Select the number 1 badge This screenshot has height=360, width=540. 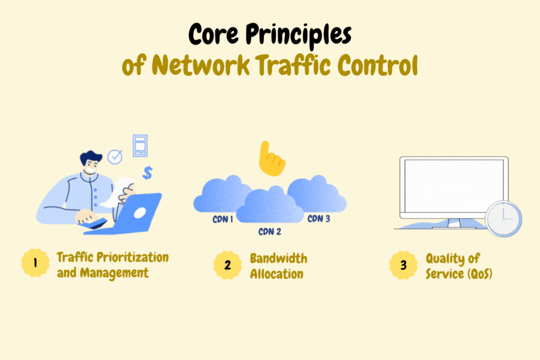click(x=34, y=265)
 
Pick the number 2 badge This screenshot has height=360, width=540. click(x=227, y=265)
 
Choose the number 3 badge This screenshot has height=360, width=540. click(x=403, y=265)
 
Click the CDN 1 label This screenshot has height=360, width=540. click(x=223, y=220)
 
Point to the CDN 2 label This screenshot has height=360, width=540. click(x=269, y=231)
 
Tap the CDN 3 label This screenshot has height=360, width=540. click(x=319, y=219)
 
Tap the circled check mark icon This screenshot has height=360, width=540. click(x=115, y=157)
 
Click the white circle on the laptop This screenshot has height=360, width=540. click(x=140, y=212)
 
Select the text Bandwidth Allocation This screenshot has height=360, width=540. click(x=278, y=266)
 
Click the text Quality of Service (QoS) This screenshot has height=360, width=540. click(x=454, y=266)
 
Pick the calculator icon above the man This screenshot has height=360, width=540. click(x=140, y=145)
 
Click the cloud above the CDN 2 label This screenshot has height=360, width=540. click(x=269, y=206)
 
